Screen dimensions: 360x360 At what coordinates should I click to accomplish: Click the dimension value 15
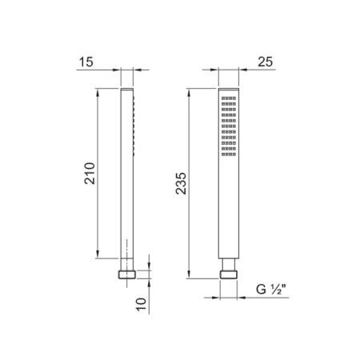pos(86,62)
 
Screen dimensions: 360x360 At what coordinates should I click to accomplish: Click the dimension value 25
pos(266,62)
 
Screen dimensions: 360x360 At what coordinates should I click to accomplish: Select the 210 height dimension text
pos(90,174)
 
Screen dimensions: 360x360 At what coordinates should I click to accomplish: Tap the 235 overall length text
pos(181,183)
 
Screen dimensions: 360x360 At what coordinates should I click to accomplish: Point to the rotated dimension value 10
pos(142,304)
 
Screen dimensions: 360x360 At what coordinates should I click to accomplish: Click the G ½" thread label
pos(271,289)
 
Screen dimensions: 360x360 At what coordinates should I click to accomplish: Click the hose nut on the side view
pos(127,274)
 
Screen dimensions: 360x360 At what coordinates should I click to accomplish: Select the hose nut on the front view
pos(229,274)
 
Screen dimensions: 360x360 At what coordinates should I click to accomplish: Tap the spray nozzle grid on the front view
pos(229,126)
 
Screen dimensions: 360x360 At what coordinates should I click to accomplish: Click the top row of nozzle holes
pos(229,98)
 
